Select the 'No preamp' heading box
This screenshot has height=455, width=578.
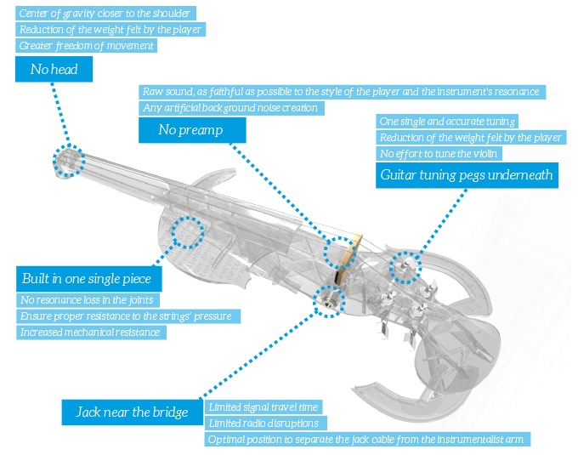[192, 129]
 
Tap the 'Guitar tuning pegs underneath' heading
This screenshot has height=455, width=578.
[466, 176]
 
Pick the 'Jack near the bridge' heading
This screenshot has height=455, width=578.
[132, 412]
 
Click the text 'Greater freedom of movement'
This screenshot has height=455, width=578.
[86, 46]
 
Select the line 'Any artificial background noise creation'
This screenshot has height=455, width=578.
[230, 108]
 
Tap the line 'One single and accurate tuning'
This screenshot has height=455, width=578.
[448, 122]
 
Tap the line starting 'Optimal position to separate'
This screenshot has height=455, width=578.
[369, 440]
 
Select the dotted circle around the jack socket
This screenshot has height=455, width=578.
[329, 300]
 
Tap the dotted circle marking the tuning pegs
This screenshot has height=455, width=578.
[405, 268]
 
